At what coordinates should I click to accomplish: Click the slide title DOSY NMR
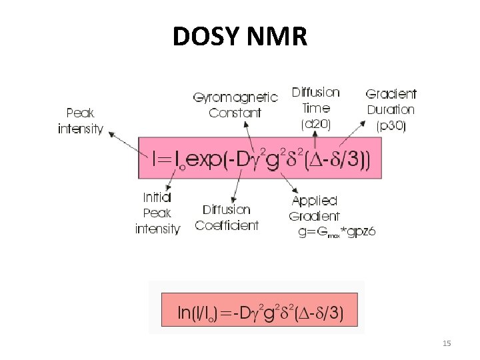tap(239, 37)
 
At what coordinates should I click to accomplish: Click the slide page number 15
tap(447, 343)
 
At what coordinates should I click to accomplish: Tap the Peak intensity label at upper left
tap(81, 121)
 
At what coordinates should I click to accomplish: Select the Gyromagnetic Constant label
tap(235, 105)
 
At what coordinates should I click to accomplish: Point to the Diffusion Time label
tap(316, 99)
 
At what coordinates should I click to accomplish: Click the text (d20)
tap(316, 123)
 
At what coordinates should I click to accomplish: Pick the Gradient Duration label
tap(391, 102)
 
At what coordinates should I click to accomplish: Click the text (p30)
tap(391, 125)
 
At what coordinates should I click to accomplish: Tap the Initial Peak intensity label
tap(157, 213)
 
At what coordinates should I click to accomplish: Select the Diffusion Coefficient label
tap(227, 217)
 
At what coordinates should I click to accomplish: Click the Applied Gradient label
tap(315, 208)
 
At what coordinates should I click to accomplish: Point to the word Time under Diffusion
tap(316, 107)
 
